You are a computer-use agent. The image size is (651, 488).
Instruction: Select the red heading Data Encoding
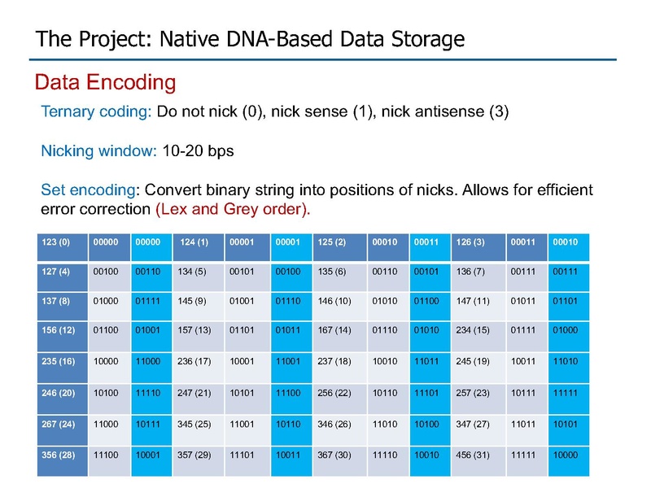(106, 82)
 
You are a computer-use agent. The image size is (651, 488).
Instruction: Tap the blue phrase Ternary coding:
(96, 112)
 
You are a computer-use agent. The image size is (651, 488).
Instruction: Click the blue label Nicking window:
(98, 151)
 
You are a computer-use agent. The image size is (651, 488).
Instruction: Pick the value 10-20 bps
(198, 151)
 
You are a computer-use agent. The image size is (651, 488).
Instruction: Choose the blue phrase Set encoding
(88, 190)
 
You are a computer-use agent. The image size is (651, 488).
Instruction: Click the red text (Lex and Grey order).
(233, 209)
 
